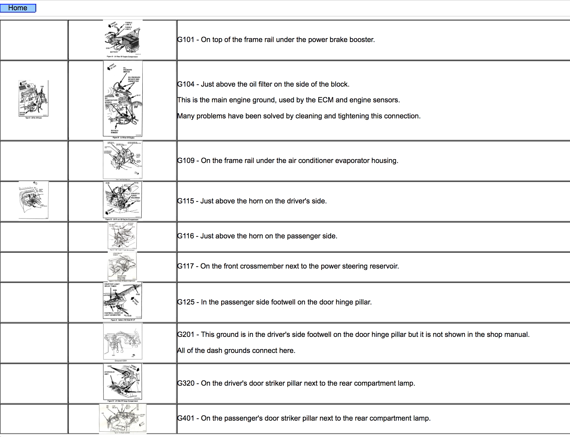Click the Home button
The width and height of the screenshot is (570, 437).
tap(18, 8)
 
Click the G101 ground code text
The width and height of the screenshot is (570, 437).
tap(186, 40)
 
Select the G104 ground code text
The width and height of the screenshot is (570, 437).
tap(186, 84)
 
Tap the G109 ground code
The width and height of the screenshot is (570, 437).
tap(186, 161)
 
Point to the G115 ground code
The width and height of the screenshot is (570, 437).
tap(186, 201)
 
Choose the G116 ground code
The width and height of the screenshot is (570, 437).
tap(186, 236)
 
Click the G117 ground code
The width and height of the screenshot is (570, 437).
tap(186, 266)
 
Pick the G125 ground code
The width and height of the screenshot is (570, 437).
tap(186, 302)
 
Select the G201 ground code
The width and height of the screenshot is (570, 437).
tap(186, 335)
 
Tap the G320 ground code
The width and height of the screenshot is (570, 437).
tap(186, 383)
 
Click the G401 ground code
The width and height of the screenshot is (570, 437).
tap(186, 418)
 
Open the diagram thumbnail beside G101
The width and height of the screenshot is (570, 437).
tap(123, 39)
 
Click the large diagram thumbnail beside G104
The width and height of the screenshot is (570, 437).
tap(123, 99)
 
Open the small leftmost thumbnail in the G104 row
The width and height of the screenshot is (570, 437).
tap(33, 99)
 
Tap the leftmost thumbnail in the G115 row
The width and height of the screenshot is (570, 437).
tap(33, 200)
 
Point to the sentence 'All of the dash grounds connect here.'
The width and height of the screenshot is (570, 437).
tap(236, 351)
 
